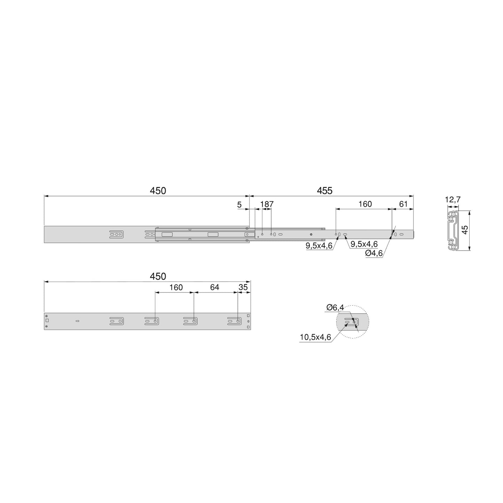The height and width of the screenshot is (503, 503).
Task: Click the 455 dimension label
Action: pyautogui.click(x=324, y=191)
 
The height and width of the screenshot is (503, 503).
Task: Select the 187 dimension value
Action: pyautogui.click(x=267, y=204)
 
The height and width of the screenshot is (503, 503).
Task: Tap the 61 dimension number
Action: pyautogui.click(x=403, y=204)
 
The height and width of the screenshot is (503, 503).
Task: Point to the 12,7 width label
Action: pyautogui.click(x=453, y=200)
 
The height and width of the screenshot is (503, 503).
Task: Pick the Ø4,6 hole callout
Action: pyautogui.click(x=374, y=253)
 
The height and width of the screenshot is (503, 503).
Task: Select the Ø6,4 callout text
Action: pyautogui.click(x=335, y=307)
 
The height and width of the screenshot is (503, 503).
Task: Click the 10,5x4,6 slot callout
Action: pyautogui.click(x=315, y=337)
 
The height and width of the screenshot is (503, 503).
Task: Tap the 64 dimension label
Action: pyautogui.click(x=215, y=287)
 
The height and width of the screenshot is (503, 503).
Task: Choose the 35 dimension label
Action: pyautogui.click(x=243, y=287)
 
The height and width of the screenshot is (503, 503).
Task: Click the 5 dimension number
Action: pyautogui.click(x=239, y=205)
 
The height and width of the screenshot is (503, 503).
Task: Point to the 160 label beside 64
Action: pyautogui.click(x=176, y=287)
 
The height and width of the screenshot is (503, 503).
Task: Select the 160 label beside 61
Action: pyautogui.click(x=365, y=204)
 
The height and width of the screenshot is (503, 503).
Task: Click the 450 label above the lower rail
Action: pyautogui.click(x=158, y=276)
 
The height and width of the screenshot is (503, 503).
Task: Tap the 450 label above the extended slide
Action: pyautogui.click(x=158, y=191)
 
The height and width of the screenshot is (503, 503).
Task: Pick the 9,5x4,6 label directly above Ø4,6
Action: pyautogui.click(x=364, y=244)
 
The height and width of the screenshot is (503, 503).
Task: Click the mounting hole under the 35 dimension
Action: pyautogui.click(x=238, y=321)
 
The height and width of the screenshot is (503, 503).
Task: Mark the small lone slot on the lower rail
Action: pyautogui.click(x=77, y=321)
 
